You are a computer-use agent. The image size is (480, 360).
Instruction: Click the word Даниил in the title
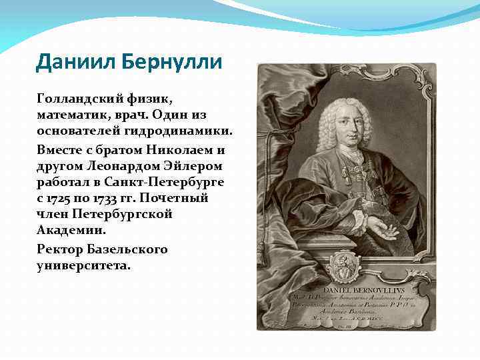(x=75, y=62)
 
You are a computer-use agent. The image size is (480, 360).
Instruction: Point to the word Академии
(x=71, y=231)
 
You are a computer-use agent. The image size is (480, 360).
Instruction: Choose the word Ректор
(x=59, y=249)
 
